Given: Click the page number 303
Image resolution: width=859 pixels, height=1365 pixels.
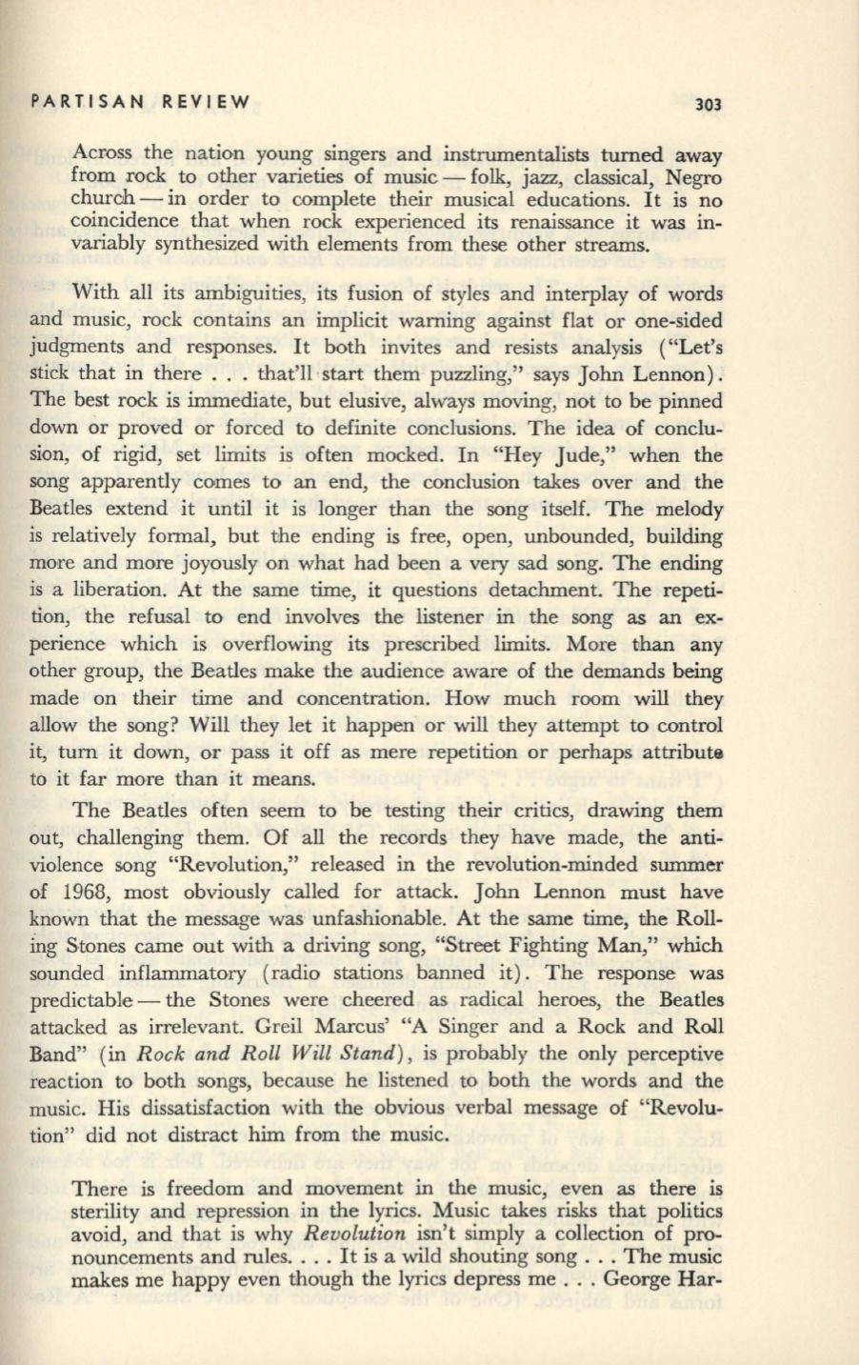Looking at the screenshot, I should (x=709, y=103).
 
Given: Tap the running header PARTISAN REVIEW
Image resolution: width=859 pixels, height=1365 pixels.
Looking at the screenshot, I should (x=140, y=101).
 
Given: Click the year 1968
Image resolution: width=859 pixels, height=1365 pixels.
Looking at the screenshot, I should (x=85, y=893).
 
